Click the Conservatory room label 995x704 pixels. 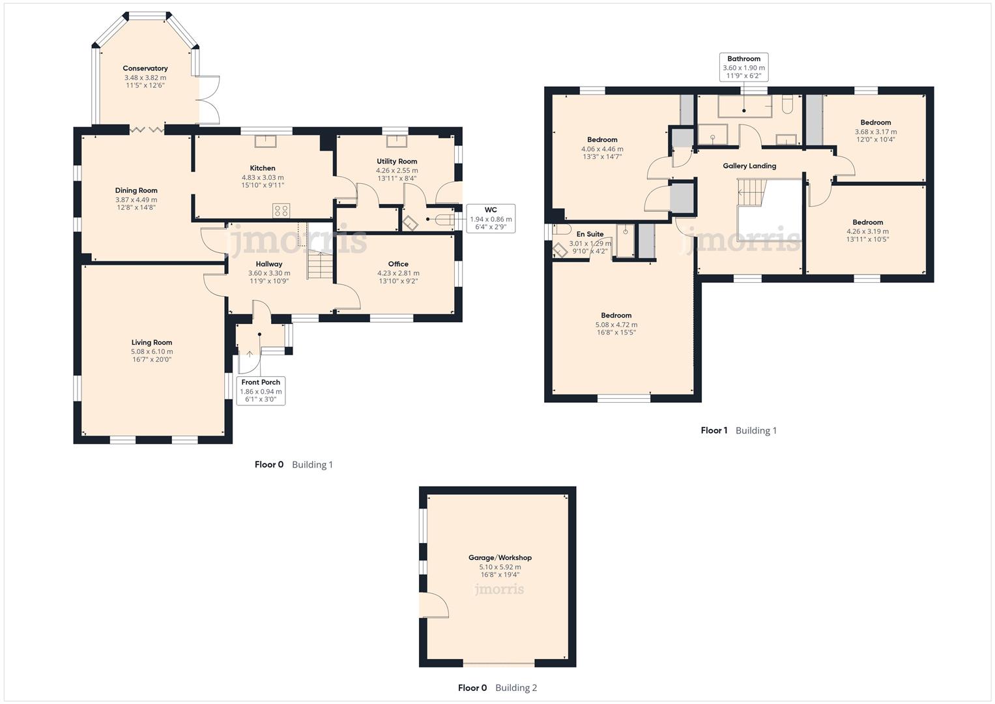point(145,68)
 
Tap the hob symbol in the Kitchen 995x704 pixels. point(281,210)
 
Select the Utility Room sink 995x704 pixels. point(394,141)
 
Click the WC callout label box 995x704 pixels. point(491,219)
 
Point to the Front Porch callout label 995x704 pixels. point(261,390)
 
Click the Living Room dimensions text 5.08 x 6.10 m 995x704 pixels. point(151,351)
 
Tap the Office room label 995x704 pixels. point(398,264)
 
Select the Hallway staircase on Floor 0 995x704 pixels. point(320,265)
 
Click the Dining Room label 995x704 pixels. point(136,190)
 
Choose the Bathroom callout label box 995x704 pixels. point(743,67)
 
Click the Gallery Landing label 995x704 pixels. point(749,166)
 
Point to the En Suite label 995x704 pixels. point(590,234)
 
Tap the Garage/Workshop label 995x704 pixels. point(500,557)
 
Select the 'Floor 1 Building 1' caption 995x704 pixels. point(738,430)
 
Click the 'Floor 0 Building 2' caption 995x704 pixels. point(497,688)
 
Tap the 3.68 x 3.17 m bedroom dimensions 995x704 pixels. point(875,132)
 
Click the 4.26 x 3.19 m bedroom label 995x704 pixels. point(867,222)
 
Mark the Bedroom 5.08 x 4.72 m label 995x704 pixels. point(616,315)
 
